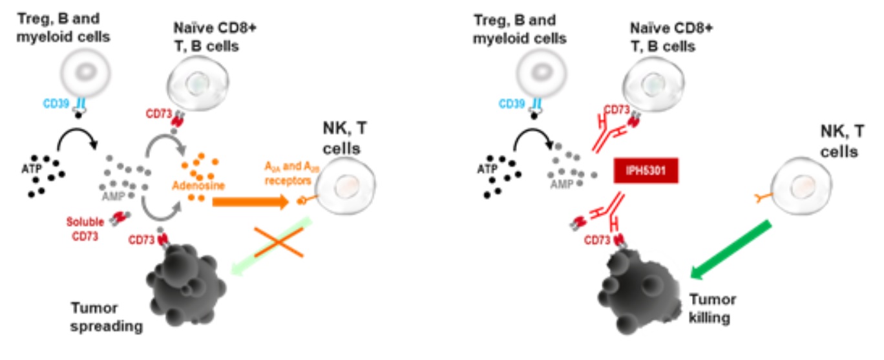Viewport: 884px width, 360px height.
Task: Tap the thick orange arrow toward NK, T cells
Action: coord(249,202)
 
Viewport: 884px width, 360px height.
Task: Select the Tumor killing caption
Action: coord(712,308)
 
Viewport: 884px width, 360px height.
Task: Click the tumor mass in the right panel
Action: coord(640,284)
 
